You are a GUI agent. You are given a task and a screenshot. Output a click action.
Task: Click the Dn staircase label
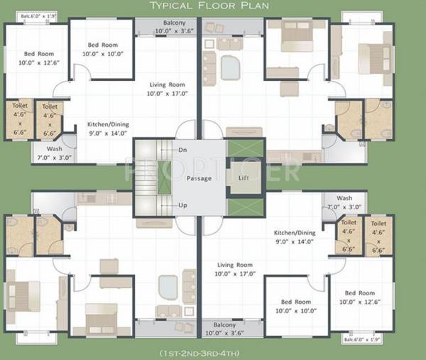point(182,150)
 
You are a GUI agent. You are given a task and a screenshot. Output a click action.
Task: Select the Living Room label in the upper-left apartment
point(167,89)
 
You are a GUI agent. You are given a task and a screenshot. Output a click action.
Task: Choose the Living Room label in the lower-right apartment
point(234,269)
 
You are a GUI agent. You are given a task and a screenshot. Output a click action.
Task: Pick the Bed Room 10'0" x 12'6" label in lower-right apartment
point(360,298)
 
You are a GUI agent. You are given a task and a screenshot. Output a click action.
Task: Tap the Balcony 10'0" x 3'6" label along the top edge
point(175,27)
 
